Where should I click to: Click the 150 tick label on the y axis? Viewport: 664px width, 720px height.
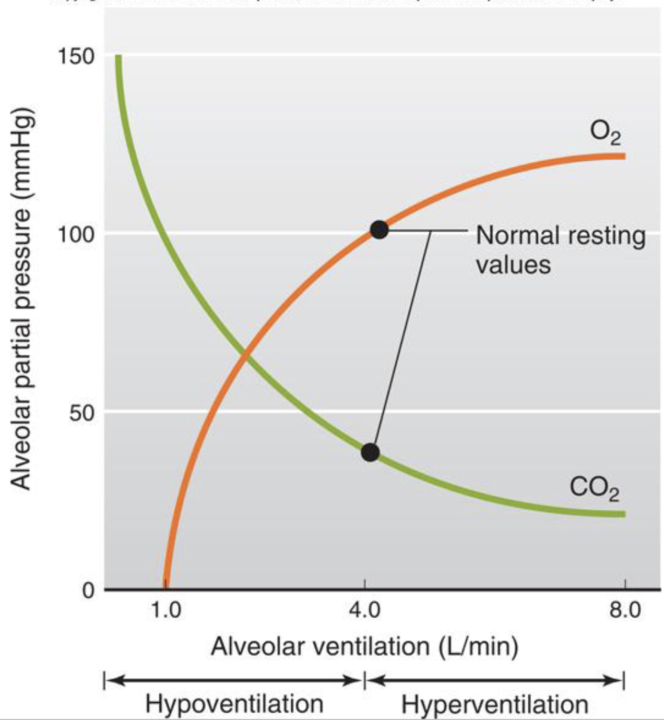point(76,56)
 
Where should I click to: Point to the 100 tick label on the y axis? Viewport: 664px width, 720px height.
point(76,235)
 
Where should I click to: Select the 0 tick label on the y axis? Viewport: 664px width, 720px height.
point(88,591)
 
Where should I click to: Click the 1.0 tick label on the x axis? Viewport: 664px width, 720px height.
point(166,609)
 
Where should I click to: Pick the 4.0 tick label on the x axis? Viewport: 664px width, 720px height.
point(364,609)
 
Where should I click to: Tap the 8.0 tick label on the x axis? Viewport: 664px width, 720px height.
point(625,609)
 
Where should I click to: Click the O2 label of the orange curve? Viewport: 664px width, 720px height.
point(605,133)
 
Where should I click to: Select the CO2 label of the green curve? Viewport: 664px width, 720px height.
point(594,489)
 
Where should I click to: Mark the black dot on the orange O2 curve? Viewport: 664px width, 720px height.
point(379,230)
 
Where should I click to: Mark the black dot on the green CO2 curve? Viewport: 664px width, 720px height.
point(370,452)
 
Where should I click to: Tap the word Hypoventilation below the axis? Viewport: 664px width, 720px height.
point(234,704)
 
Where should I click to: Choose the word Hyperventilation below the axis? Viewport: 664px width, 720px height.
point(494,705)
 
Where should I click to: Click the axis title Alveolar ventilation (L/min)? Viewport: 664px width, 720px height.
point(364,647)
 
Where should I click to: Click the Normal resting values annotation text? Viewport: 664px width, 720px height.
point(560,249)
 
